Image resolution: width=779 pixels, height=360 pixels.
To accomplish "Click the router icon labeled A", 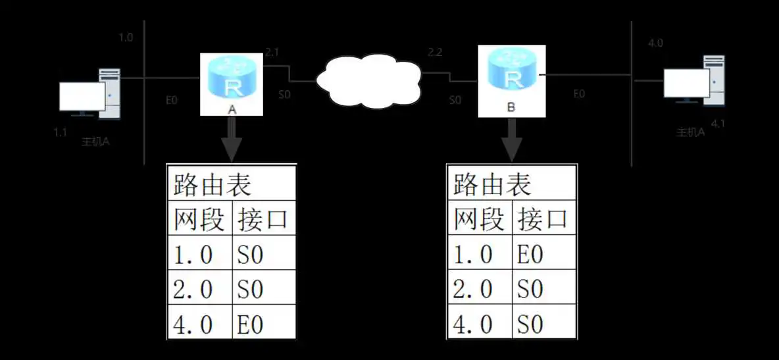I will [232, 80].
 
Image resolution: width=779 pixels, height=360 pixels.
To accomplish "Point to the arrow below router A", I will [231, 140].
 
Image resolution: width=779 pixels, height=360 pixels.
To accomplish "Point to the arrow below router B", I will [511, 140].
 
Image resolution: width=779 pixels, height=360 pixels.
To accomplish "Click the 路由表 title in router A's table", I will [212, 186].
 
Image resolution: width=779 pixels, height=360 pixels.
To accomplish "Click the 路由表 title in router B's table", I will [492, 186].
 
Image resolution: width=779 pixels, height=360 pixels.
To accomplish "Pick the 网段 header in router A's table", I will [199, 220].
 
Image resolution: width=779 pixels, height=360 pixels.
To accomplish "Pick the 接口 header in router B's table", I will [543, 220].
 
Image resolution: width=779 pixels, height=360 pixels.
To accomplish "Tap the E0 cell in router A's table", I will [251, 324].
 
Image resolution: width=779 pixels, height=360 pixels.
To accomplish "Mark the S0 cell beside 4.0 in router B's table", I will [530, 324].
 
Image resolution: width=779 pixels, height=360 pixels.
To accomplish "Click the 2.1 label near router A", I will [272, 51].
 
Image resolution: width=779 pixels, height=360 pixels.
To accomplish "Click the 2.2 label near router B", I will [435, 51].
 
